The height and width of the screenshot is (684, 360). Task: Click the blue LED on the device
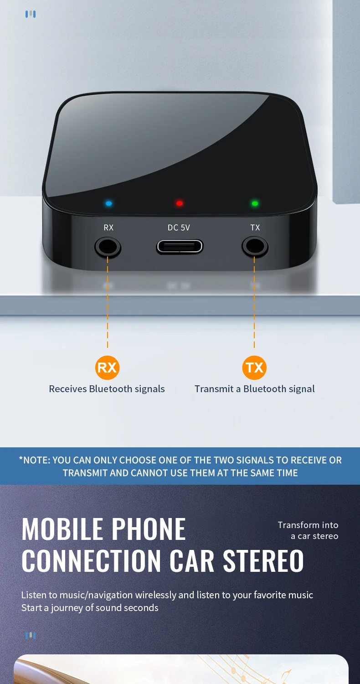tap(108, 203)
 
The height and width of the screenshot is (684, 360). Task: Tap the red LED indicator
tap(180, 203)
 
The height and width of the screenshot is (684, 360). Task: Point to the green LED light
tap(255, 203)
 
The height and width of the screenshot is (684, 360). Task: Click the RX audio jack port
tap(108, 247)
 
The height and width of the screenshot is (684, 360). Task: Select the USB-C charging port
tap(180, 247)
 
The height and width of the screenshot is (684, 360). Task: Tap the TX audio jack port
tap(255, 247)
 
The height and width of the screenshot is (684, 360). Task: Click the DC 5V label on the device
tap(179, 228)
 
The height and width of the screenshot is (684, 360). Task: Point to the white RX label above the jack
tap(108, 228)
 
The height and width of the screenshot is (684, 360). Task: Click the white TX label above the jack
tap(255, 228)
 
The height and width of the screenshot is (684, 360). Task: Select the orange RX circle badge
tap(107, 368)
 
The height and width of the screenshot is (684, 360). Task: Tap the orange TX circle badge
tap(254, 368)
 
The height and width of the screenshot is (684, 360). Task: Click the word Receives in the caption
tap(68, 389)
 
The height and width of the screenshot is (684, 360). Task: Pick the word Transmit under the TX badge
tap(214, 389)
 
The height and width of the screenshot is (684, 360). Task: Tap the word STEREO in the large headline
tap(263, 560)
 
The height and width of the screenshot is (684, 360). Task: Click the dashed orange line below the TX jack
tap(254, 302)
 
